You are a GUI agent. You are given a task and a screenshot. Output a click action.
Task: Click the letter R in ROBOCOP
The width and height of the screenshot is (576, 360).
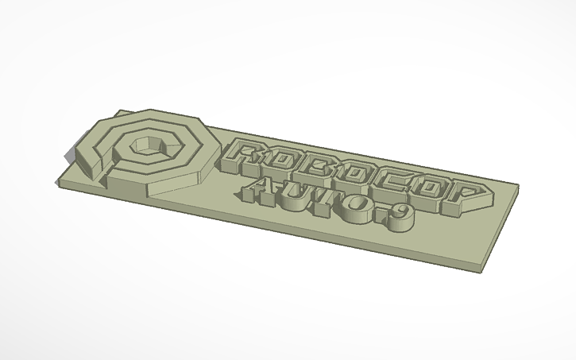(247, 156)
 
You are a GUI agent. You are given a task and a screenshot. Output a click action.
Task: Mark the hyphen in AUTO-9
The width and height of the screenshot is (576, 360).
(380, 215)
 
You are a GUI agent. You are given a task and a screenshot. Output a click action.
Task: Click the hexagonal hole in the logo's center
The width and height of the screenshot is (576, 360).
(146, 144)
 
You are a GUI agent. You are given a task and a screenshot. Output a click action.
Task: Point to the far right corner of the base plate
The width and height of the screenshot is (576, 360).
(518, 188)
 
